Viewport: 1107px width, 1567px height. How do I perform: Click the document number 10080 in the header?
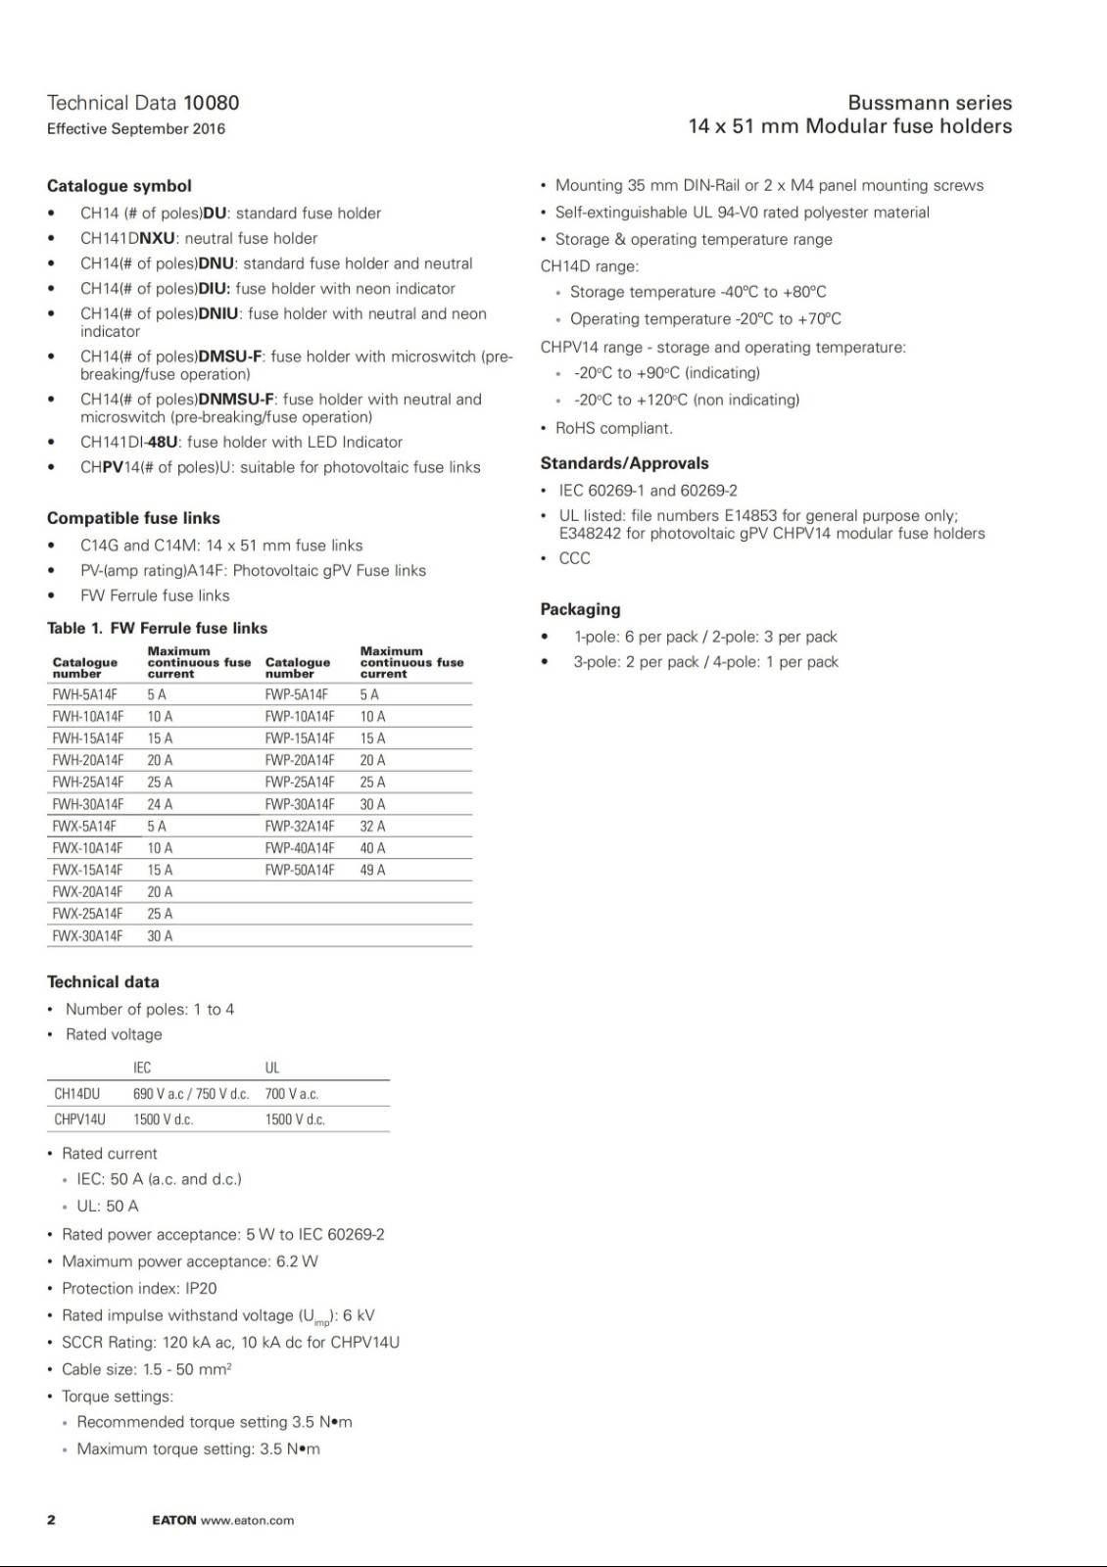pyautogui.click(x=211, y=103)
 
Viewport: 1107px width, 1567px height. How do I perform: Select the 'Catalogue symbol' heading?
pyautogui.click(x=120, y=186)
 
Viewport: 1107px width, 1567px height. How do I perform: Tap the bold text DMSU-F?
pyautogui.click(x=230, y=356)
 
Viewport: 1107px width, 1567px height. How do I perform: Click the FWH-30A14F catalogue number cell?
pyautogui.click(x=88, y=804)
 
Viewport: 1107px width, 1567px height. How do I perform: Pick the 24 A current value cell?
pyautogui.click(x=160, y=804)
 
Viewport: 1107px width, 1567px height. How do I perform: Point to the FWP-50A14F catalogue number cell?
pyautogui.click(x=300, y=870)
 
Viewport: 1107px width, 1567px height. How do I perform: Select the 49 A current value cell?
pyautogui.click(x=372, y=870)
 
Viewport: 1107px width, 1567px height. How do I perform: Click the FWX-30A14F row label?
pyautogui.click(x=88, y=936)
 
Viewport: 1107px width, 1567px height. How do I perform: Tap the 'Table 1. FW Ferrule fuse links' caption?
pyautogui.click(x=157, y=629)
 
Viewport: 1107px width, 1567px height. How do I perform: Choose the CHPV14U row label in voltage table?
pyautogui.click(x=80, y=1119)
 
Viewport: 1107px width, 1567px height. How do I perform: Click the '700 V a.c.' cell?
pyautogui.click(x=292, y=1094)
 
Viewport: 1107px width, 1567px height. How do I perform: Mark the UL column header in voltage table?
pyautogui.click(x=272, y=1068)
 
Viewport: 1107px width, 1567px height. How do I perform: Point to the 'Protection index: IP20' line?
pyautogui.click(x=139, y=1289)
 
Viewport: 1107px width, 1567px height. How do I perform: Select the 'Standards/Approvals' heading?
pyautogui.click(x=624, y=463)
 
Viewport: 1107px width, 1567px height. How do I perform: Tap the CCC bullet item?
pyautogui.click(x=574, y=558)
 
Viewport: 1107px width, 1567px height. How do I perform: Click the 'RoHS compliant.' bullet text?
pyautogui.click(x=614, y=428)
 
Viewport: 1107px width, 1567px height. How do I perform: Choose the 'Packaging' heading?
pyautogui.click(x=580, y=609)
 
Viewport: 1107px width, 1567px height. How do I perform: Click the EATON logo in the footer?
pyautogui.click(x=174, y=1520)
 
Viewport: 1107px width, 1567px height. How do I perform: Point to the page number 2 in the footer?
pyautogui.click(x=51, y=1520)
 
